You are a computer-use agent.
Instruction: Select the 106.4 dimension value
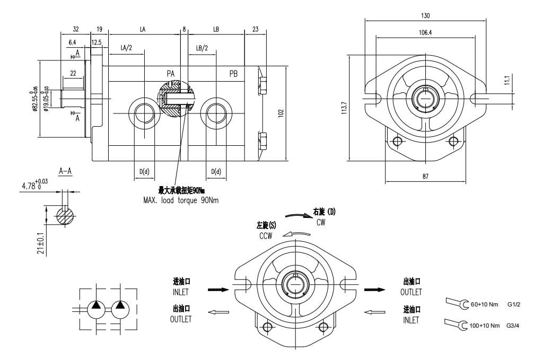point(425,32)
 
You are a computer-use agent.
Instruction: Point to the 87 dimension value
point(425,177)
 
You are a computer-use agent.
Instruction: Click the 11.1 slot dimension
point(507,80)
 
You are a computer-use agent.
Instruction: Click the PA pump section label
point(171,73)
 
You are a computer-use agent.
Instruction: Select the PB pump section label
point(233,73)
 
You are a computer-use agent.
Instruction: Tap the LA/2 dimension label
point(126,48)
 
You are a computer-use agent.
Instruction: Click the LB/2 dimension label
point(202,48)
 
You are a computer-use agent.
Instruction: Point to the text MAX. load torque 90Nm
point(181,200)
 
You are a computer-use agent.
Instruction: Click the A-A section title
point(65,171)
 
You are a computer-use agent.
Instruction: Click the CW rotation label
point(320,223)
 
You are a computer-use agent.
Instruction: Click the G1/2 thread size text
point(514,305)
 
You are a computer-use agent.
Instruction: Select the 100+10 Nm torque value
point(485,325)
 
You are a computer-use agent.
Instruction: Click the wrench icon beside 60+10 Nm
point(457,303)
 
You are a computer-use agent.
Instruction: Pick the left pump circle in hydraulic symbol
point(96,308)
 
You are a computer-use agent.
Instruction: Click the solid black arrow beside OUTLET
point(378,289)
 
